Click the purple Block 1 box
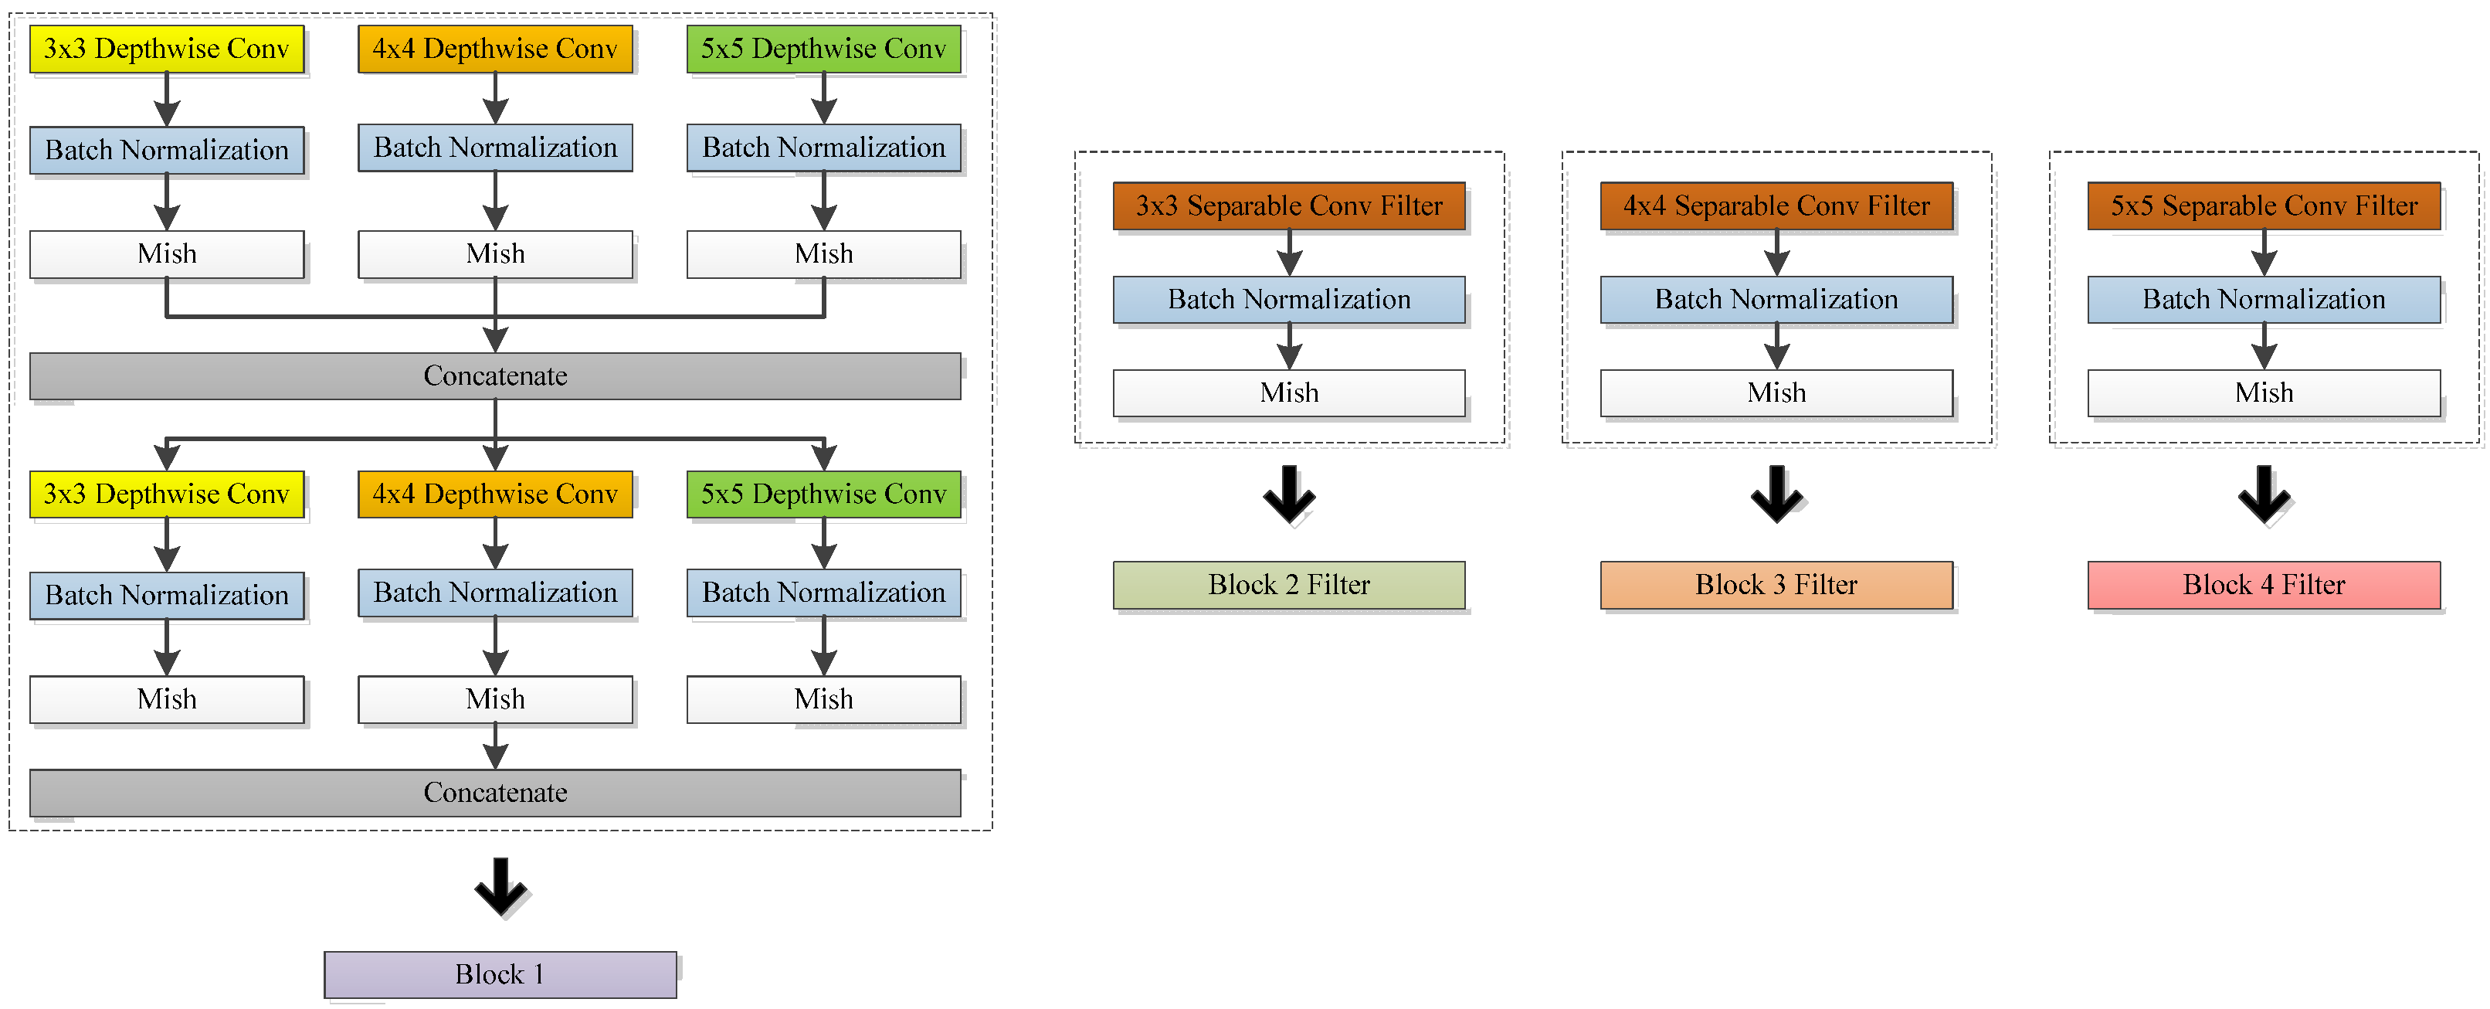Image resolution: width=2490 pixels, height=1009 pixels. click(500, 973)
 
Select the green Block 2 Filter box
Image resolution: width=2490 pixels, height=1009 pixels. click(1288, 585)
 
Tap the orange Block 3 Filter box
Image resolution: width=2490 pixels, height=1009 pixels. click(1776, 585)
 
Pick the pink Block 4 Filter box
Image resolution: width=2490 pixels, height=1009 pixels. click(2263, 585)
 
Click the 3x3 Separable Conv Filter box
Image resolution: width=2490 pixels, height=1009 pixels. click(1288, 206)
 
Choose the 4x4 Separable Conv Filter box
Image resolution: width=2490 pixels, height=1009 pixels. click(1776, 206)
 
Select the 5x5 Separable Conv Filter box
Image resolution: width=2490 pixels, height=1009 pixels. click(2263, 206)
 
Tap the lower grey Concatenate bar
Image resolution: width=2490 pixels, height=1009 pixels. click(495, 793)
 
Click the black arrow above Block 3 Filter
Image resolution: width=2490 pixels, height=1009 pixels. click(1776, 494)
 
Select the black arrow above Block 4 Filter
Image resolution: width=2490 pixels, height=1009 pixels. click(2263, 494)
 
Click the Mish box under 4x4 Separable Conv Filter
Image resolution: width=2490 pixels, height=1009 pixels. click(1776, 392)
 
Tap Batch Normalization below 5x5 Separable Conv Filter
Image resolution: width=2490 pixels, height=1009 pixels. click(2263, 300)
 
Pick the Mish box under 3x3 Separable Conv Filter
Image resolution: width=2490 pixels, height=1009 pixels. click(1288, 392)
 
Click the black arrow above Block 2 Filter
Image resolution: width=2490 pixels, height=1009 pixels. click(1288, 494)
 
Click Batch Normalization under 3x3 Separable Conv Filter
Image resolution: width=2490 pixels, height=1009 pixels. click(1288, 300)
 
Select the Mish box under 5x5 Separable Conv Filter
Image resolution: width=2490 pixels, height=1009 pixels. click(2263, 392)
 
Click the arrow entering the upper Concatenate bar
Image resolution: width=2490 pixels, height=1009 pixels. click(495, 336)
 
